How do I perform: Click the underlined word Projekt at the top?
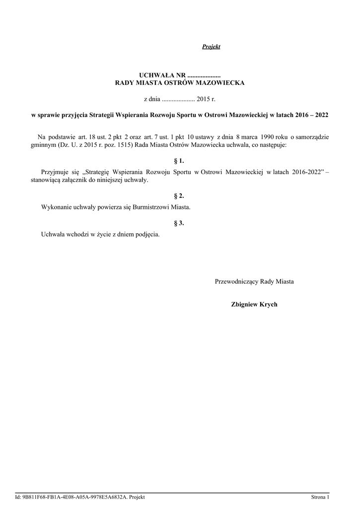[x=211, y=47]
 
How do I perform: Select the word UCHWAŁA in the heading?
[x=156, y=74]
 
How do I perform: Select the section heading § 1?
[x=179, y=161]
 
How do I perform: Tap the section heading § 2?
[x=179, y=196]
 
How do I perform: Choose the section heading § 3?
[x=179, y=223]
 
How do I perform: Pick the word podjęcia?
[x=147, y=234]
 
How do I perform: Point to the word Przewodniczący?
[x=236, y=281]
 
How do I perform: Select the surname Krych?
[x=268, y=304]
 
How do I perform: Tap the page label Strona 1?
[x=320, y=497]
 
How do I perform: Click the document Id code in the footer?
[x=74, y=497]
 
